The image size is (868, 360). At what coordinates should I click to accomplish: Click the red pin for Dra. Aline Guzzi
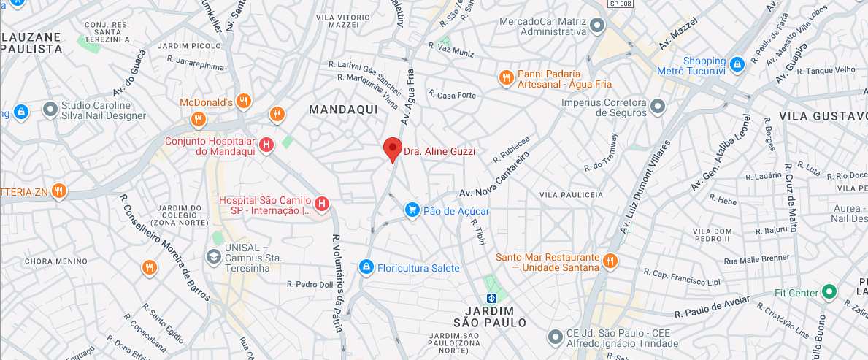tap(393, 149)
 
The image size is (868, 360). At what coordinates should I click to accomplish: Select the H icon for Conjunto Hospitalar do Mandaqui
tap(267, 145)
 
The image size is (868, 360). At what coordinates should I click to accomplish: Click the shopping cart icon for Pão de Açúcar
tap(412, 210)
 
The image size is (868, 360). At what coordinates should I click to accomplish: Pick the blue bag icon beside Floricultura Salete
tap(366, 268)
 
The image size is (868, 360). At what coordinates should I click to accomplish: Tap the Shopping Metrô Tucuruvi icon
tap(737, 64)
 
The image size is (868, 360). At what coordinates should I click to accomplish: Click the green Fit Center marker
tap(829, 293)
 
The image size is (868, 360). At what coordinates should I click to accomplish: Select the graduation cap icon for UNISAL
tap(214, 256)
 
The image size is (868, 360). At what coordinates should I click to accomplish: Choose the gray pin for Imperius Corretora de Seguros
tap(658, 107)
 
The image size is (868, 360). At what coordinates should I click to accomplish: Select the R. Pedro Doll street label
tap(310, 284)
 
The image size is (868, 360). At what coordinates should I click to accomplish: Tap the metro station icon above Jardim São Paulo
tap(492, 298)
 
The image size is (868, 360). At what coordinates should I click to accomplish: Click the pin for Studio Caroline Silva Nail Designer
tap(50, 110)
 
